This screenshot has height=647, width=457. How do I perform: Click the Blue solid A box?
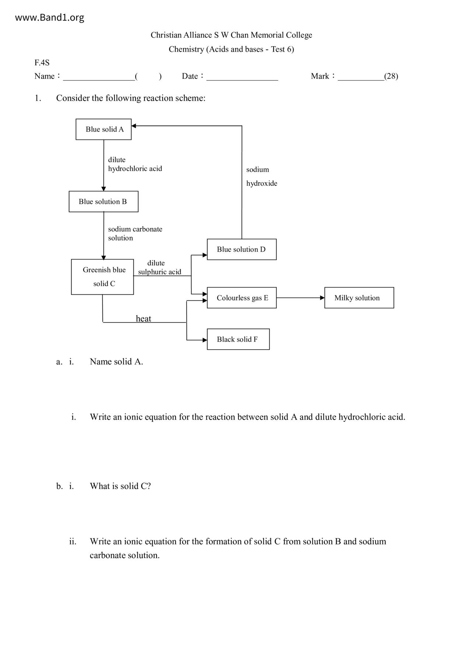coord(104,129)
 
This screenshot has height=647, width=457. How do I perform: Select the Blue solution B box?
coord(103,201)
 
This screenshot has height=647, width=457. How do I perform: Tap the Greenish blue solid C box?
coord(102,277)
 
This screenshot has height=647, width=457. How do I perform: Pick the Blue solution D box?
coord(241,249)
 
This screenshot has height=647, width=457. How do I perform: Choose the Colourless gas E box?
coord(241,298)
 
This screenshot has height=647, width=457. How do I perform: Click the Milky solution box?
coord(359,298)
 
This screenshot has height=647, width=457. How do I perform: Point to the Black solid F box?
coord(238,339)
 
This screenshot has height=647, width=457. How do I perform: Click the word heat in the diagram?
coord(143,319)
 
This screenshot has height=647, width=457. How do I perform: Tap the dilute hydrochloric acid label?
coord(135,164)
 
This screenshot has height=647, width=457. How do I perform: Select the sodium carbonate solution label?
coord(135,233)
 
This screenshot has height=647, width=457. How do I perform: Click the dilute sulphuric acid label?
coord(159,267)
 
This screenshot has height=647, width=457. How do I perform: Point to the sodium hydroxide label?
coord(262,176)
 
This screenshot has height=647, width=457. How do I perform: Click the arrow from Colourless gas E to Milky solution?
coord(300,298)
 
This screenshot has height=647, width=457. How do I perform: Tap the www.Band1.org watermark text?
coord(49,17)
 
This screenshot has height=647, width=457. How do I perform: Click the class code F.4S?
coord(42,63)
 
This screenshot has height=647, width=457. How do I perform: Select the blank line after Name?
coord(99,77)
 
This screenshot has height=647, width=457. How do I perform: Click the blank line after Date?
coord(242,77)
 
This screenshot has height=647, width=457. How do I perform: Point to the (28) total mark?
coord(391,76)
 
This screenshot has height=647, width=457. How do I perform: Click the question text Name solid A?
coord(116,361)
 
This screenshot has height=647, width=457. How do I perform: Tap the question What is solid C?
coord(120,486)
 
